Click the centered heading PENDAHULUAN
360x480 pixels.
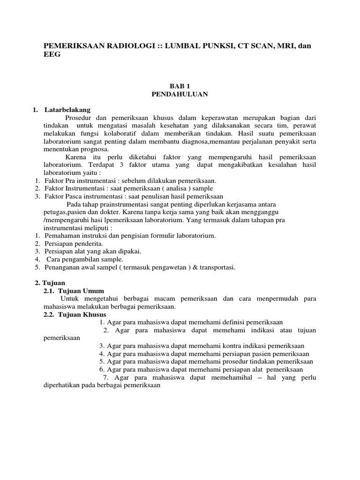tap(180, 94)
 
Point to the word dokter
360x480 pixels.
tap(108, 212)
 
